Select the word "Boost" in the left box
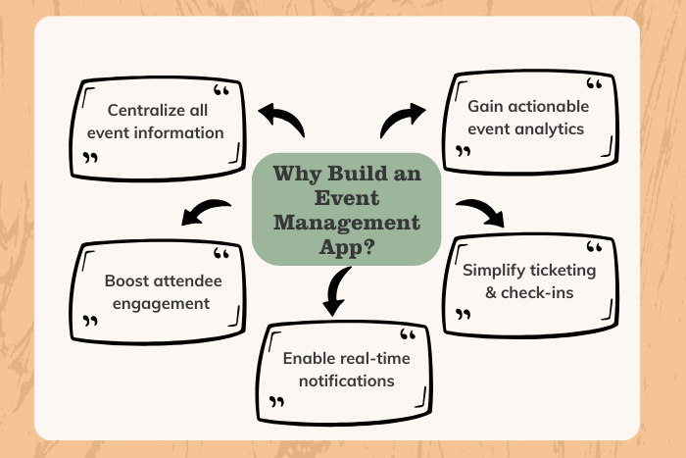tap(128, 280)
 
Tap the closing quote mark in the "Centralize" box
tap(91, 157)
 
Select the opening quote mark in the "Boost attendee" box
tap(221, 255)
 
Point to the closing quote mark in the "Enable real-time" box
tap(277, 402)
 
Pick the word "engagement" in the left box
tap(161, 303)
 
